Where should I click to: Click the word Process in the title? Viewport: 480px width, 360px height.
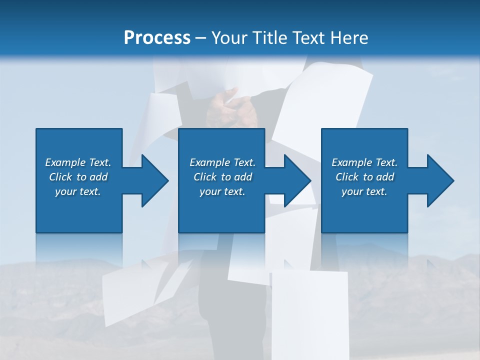[157, 37]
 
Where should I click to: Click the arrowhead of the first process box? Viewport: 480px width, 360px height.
[152, 180]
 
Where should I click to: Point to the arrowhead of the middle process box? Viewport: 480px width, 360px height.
[295, 180]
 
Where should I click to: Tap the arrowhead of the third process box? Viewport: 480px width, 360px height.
[438, 180]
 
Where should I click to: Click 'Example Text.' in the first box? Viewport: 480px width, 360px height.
[78, 162]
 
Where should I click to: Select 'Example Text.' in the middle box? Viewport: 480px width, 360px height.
[222, 162]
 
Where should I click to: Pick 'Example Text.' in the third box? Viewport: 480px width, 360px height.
[364, 162]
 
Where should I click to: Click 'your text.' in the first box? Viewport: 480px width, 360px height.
[78, 191]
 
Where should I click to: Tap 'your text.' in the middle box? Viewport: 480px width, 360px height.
[222, 191]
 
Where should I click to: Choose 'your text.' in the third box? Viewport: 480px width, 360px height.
[364, 191]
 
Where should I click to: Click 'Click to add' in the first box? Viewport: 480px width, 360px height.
[78, 177]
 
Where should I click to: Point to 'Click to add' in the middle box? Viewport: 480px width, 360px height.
[222, 177]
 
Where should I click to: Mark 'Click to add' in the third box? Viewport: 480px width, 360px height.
[364, 177]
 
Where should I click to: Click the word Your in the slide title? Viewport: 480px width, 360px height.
[229, 37]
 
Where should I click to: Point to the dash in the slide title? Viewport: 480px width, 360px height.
[201, 38]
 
